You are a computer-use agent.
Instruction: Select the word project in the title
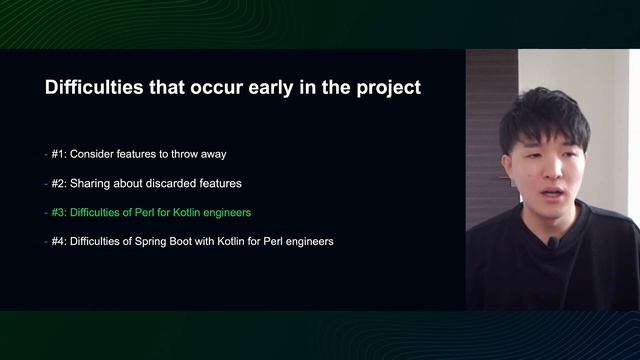(384, 88)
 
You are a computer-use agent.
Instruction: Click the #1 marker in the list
(59, 155)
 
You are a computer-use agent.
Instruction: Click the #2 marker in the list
(59, 184)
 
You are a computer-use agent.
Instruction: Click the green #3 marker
(59, 213)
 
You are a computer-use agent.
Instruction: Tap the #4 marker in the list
(59, 242)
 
